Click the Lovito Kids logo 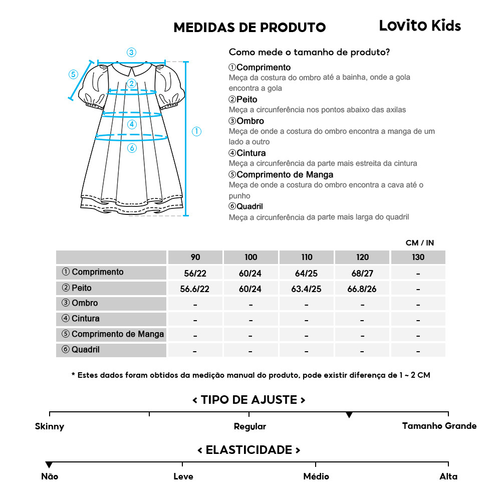pyautogui.click(x=420, y=26)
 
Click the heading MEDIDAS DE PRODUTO pyautogui.click(x=249, y=28)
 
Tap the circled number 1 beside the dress pyautogui.click(x=196, y=131)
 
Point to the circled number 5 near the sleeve pyautogui.click(x=73, y=75)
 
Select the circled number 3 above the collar pyautogui.click(x=131, y=52)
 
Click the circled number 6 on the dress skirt pyautogui.click(x=132, y=148)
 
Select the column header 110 pyautogui.click(x=307, y=257)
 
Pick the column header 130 pyautogui.click(x=418, y=257)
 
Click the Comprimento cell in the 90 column pyautogui.click(x=195, y=273)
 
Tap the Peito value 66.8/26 pyautogui.click(x=362, y=289)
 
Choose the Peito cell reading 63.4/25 pyautogui.click(x=307, y=289)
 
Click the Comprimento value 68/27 pyautogui.click(x=362, y=273)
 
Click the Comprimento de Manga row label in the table pyautogui.click(x=113, y=334)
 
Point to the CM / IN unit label pyautogui.click(x=420, y=243)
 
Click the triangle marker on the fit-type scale pyautogui.click(x=349, y=415)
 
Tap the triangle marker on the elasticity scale pyautogui.click(x=49, y=465)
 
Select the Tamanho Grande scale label pyautogui.click(x=439, y=426)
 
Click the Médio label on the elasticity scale pyautogui.click(x=316, y=476)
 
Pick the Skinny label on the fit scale pyautogui.click(x=50, y=427)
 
